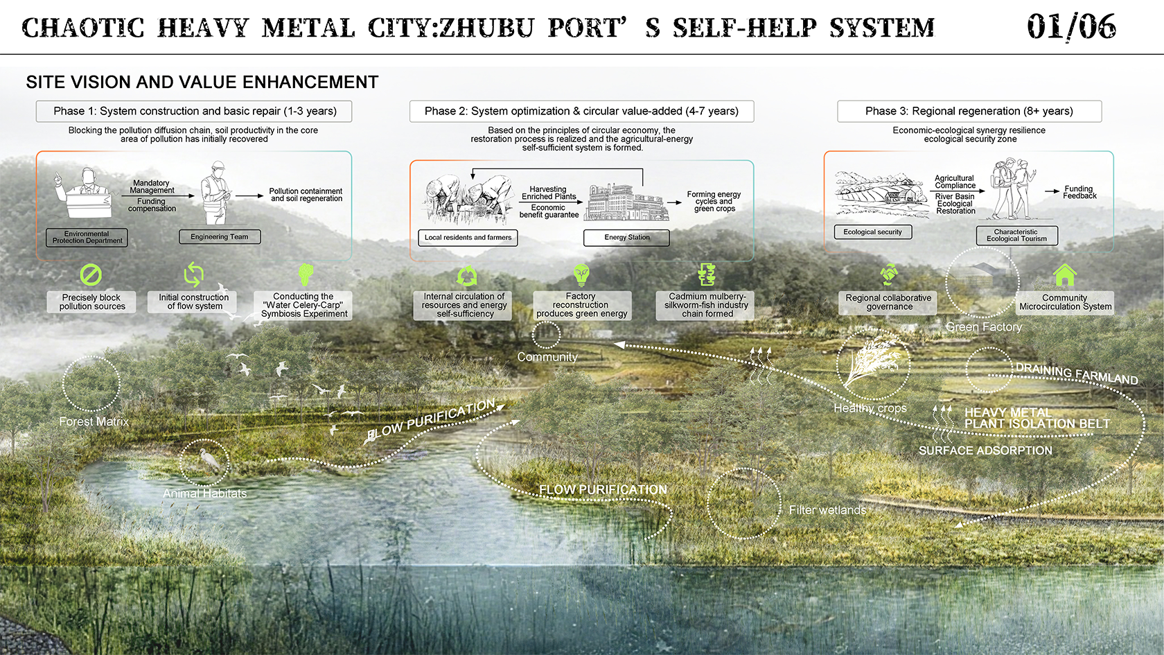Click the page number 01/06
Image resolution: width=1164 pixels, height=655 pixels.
pos(1071,28)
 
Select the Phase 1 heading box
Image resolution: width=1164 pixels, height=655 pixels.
pos(194,111)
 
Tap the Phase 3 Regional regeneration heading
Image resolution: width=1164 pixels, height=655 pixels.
pos(969,111)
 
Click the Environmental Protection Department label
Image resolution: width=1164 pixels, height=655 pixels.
pos(87,238)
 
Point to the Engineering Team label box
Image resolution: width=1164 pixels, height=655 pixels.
pos(220,237)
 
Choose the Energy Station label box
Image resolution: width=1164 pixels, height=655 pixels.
pos(626,238)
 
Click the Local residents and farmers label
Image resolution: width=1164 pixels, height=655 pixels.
pos(468,238)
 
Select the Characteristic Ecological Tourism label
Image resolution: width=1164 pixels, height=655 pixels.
pos(1016,236)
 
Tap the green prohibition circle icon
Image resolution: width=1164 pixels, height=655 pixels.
pos(91,275)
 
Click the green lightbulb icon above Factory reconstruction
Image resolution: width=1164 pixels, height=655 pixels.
pos(581,274)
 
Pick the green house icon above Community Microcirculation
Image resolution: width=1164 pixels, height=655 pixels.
pos(1065,275)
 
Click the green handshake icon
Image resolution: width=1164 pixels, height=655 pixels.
pos(889,274)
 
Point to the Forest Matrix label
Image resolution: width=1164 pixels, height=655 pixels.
pos(94,421)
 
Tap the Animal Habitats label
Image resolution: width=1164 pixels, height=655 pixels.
pos(204,494)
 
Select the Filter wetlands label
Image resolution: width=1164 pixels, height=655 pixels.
pos(827,510)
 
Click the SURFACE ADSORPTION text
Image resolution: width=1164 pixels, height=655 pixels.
pos(985,451)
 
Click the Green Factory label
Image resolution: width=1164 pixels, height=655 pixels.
pos(984,327)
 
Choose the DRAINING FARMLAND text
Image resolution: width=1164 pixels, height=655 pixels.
pos(1077,374)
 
